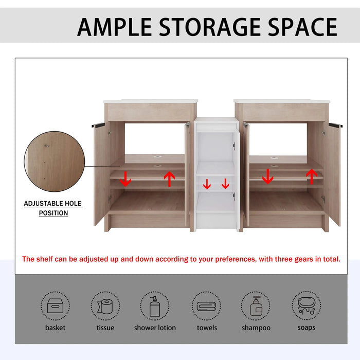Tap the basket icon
55,307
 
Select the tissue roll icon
105,307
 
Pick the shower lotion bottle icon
155,307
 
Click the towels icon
206,307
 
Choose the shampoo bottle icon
256,307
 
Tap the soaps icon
307,307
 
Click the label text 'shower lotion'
155,328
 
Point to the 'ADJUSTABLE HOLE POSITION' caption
53,208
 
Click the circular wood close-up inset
53,163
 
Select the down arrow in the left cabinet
125,179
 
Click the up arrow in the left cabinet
169,178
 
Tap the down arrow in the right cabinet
267,176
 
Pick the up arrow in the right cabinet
311,176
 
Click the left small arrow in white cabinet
207,184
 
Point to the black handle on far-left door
98,125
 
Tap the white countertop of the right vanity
281,101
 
